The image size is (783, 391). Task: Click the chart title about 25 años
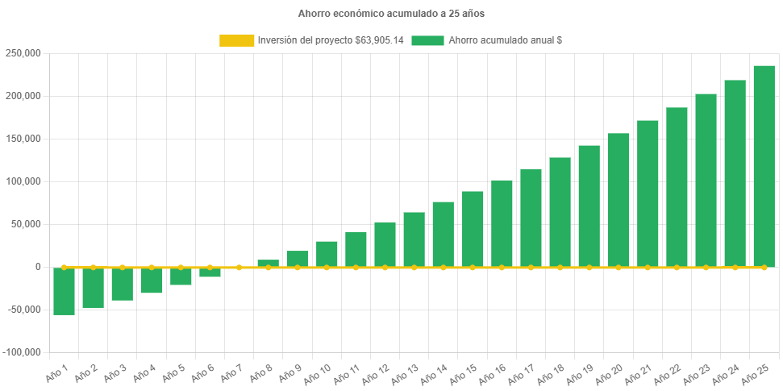pos(391,14)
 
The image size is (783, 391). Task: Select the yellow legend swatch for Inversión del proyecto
pos(236,40)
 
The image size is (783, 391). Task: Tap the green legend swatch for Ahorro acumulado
pos(427,40)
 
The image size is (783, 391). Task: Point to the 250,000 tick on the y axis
pos(23,53)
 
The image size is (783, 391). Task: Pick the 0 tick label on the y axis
pos(37,267)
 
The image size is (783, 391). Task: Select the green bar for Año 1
pos(65,291)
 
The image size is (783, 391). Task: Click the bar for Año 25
pos(764,166)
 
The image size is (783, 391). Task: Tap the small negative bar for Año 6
pos(210,272)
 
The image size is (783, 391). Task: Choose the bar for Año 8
pos(269,263)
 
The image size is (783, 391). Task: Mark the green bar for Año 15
pos(473,229)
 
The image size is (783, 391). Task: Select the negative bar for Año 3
pos(123,284)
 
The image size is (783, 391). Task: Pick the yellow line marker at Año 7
pos(239,267)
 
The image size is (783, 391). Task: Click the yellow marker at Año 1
pos(65,267)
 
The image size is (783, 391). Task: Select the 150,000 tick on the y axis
pos(23,139)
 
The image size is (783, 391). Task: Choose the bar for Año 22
pos(677,187)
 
